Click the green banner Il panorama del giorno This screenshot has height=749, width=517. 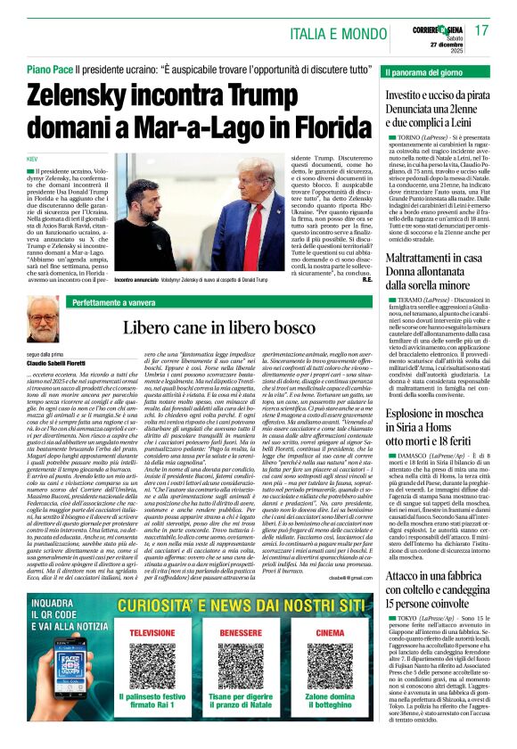[x=433, y=70]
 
